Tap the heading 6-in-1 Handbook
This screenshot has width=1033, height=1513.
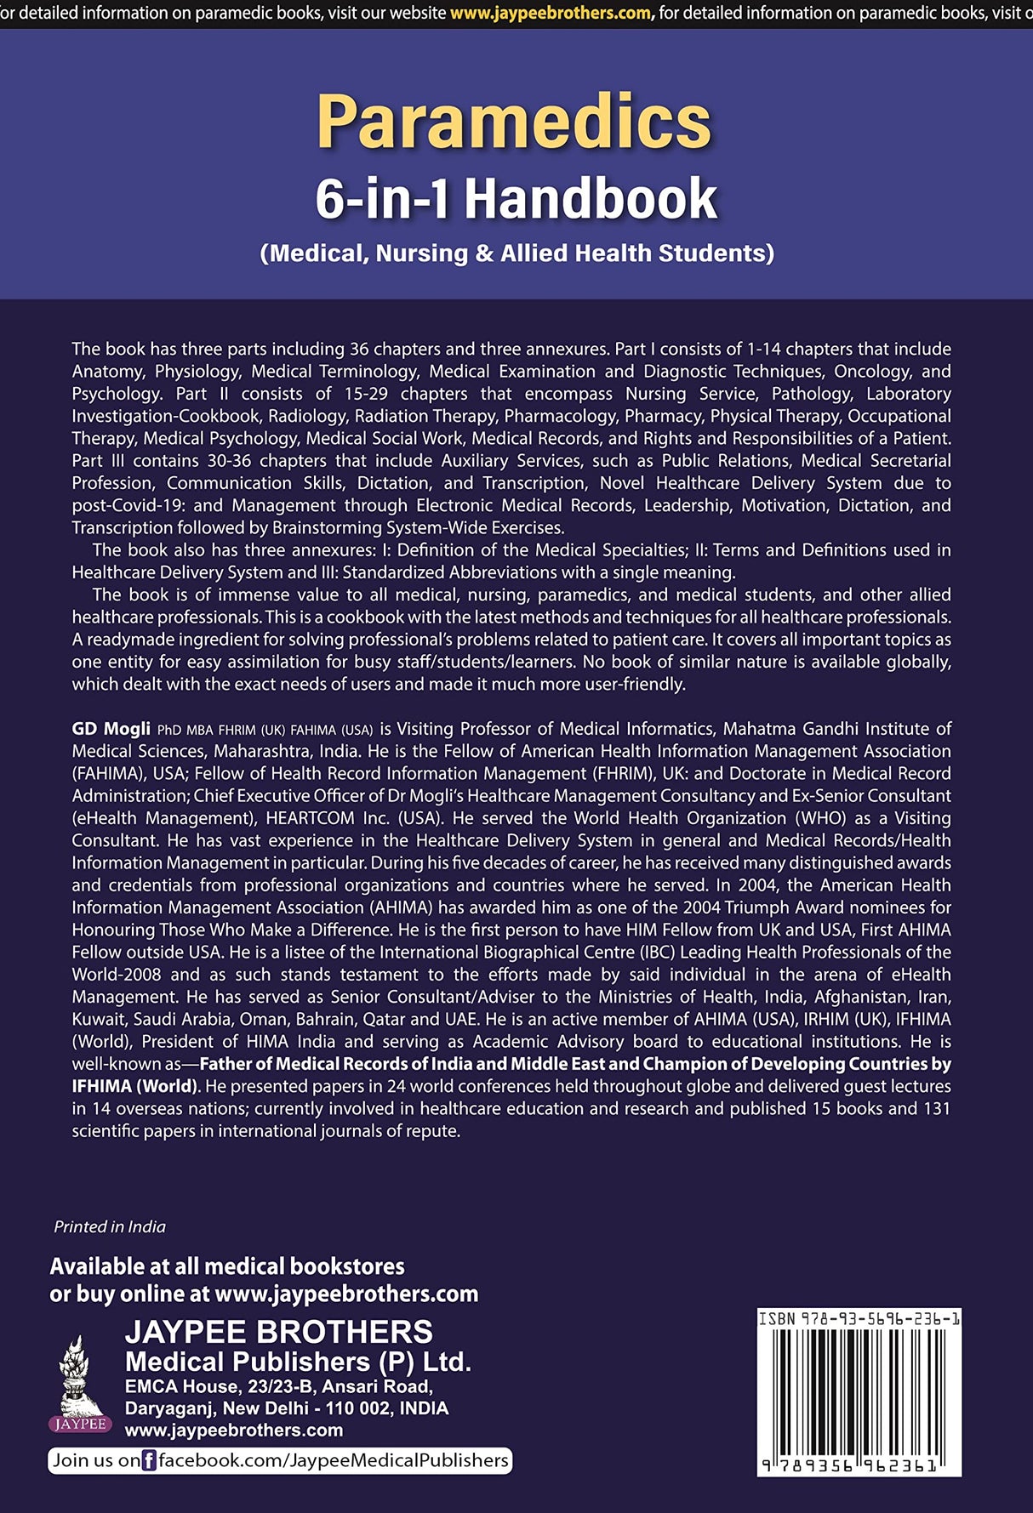pos(516,199)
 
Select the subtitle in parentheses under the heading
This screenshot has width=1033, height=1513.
pos(516,253)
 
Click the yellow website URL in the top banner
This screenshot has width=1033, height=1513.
pos(551,13)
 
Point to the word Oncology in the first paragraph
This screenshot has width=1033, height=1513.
pos(871,372)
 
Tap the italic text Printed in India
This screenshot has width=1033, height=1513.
pos(110,1226)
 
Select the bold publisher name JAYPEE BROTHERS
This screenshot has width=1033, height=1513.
pos(278,1332)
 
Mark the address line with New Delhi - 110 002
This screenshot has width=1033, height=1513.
pos(286,1408)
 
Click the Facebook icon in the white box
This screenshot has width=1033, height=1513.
pos(149,1461)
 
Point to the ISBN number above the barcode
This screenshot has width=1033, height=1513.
pos(859,1319)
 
